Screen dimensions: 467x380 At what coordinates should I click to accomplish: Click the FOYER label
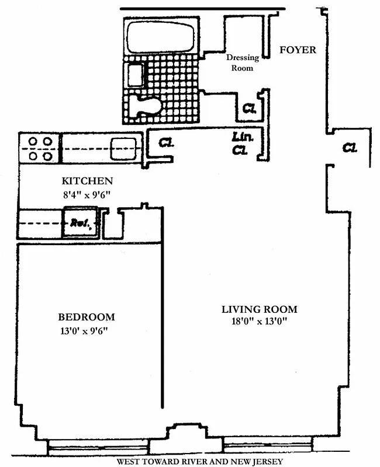(298, 50)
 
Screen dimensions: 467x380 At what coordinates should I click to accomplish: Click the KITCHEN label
(87, 182)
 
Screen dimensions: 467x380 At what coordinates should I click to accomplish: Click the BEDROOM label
(87, 318)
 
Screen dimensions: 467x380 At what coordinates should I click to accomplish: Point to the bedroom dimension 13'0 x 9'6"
(87, 331)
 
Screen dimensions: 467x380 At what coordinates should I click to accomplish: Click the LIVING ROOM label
(259, 309)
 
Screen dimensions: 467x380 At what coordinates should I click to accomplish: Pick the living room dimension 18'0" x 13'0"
(259, 322)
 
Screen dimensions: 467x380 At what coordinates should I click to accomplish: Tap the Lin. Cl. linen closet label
(240, 144)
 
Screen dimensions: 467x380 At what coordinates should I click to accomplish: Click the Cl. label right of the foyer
(350, 148)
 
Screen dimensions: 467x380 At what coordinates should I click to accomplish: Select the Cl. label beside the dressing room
(250, 108)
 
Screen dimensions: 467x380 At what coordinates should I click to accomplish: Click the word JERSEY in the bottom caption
(268, 461)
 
